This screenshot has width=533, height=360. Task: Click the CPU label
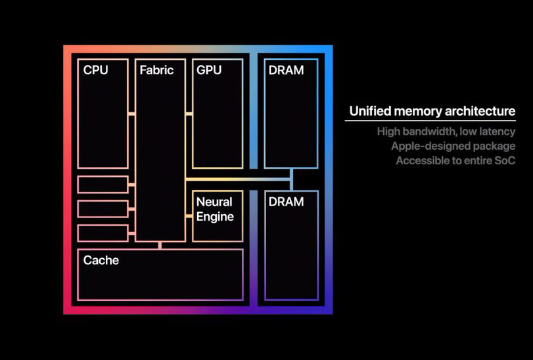point(95,70)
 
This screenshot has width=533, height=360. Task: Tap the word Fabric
point(156,70)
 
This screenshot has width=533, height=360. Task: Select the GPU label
point(209,70)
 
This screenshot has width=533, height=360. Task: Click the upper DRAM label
point(286,70)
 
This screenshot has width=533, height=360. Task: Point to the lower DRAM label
point(286,202)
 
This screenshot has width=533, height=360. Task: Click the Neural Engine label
point(215,209)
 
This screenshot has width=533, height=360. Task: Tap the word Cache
point(101,260)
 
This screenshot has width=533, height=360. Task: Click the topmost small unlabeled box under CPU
point(103,185)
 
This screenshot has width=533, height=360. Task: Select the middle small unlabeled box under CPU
point(103,209)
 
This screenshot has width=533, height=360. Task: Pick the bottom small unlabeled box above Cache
point(103,233)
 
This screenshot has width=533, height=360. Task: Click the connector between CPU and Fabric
point(131,114)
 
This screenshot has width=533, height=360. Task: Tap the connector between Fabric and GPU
point(189,114)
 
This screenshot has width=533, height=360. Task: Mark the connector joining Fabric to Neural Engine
point(189,216)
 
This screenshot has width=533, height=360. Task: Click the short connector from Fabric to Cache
point(160,245)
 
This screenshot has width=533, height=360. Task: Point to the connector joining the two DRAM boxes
point(291,179)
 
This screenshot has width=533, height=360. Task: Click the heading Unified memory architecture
point(432,112)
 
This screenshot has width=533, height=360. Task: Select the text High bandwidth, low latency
point(446,131)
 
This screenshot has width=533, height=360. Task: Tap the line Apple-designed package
point(453,146)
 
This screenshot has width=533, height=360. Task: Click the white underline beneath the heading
point(430,121)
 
